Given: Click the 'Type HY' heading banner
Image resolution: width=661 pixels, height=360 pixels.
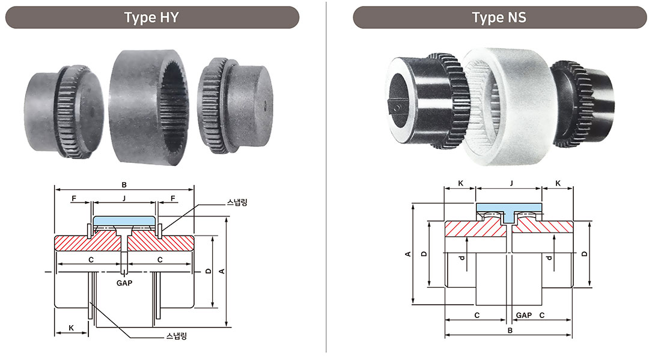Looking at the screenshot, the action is pyautogui.click(x=152, y=17).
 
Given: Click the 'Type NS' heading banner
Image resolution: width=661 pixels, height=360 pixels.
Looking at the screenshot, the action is pyautogui.click(x=499, y=17).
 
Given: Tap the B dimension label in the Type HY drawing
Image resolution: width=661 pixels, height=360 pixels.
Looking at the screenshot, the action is pyautogui.click(x=124, y=185).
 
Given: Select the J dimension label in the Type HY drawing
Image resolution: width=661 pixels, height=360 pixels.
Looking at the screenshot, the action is pyautogui.click(x=124, y=198).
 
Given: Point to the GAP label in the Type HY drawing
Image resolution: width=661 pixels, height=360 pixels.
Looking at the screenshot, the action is pyautogui.click(x=124, y=283).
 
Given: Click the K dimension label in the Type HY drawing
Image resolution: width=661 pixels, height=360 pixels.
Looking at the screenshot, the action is pyautogui.click(x=72, y=328).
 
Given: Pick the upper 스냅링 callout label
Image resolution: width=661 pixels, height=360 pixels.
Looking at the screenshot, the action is pyautogui.click(x=237, y=203).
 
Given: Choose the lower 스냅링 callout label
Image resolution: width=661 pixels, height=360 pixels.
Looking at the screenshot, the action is pyautogui.click(x=176, y=336).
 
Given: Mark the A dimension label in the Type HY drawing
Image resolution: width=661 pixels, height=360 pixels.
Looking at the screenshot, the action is pyautogui.click(x=222, y=272).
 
